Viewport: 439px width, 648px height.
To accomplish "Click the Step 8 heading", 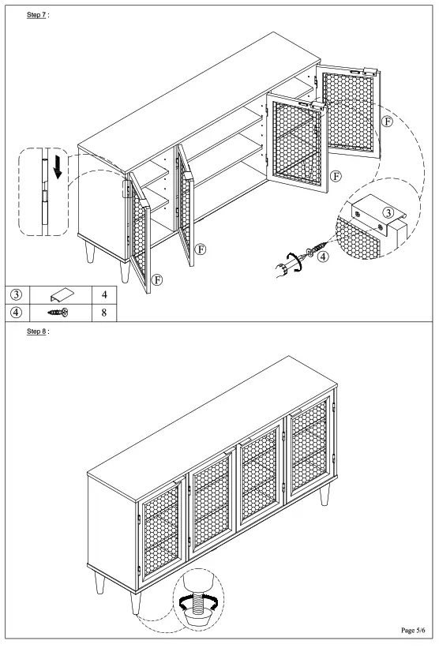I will [38, 332].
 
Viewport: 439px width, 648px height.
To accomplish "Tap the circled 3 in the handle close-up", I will [388, 212].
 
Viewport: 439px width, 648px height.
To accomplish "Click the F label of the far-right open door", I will [385, 122].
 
